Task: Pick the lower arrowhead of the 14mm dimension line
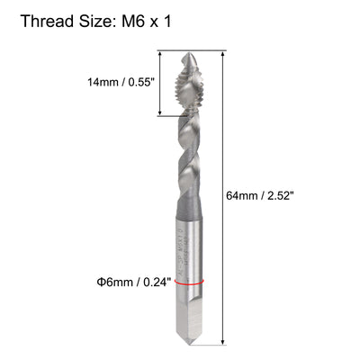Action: tap(160, 113)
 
